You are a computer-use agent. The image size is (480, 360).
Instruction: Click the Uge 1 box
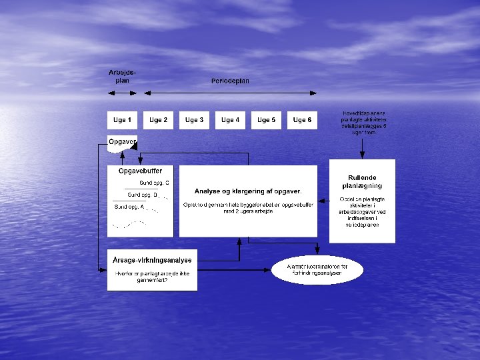122,120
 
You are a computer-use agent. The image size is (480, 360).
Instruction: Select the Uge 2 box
158,120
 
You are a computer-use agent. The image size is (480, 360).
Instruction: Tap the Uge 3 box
194,120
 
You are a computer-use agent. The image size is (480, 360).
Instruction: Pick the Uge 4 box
230,120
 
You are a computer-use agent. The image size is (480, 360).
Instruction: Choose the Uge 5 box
266,120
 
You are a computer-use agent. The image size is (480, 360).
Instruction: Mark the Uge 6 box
302,120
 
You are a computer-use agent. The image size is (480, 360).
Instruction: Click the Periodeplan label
230,81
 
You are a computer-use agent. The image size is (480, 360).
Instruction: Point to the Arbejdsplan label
119,76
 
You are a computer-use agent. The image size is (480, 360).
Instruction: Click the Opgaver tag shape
123,142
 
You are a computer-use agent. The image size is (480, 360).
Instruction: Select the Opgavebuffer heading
140,171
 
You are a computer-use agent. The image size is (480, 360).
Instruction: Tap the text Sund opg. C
154,182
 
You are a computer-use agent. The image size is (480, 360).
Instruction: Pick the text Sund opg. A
129,207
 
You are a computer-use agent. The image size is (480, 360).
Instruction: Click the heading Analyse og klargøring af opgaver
248,191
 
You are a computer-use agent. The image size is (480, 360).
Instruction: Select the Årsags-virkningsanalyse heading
152,260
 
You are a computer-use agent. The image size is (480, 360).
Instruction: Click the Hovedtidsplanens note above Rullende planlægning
363,123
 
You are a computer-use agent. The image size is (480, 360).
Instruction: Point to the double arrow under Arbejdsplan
119,92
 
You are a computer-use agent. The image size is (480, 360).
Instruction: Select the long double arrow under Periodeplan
230,92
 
